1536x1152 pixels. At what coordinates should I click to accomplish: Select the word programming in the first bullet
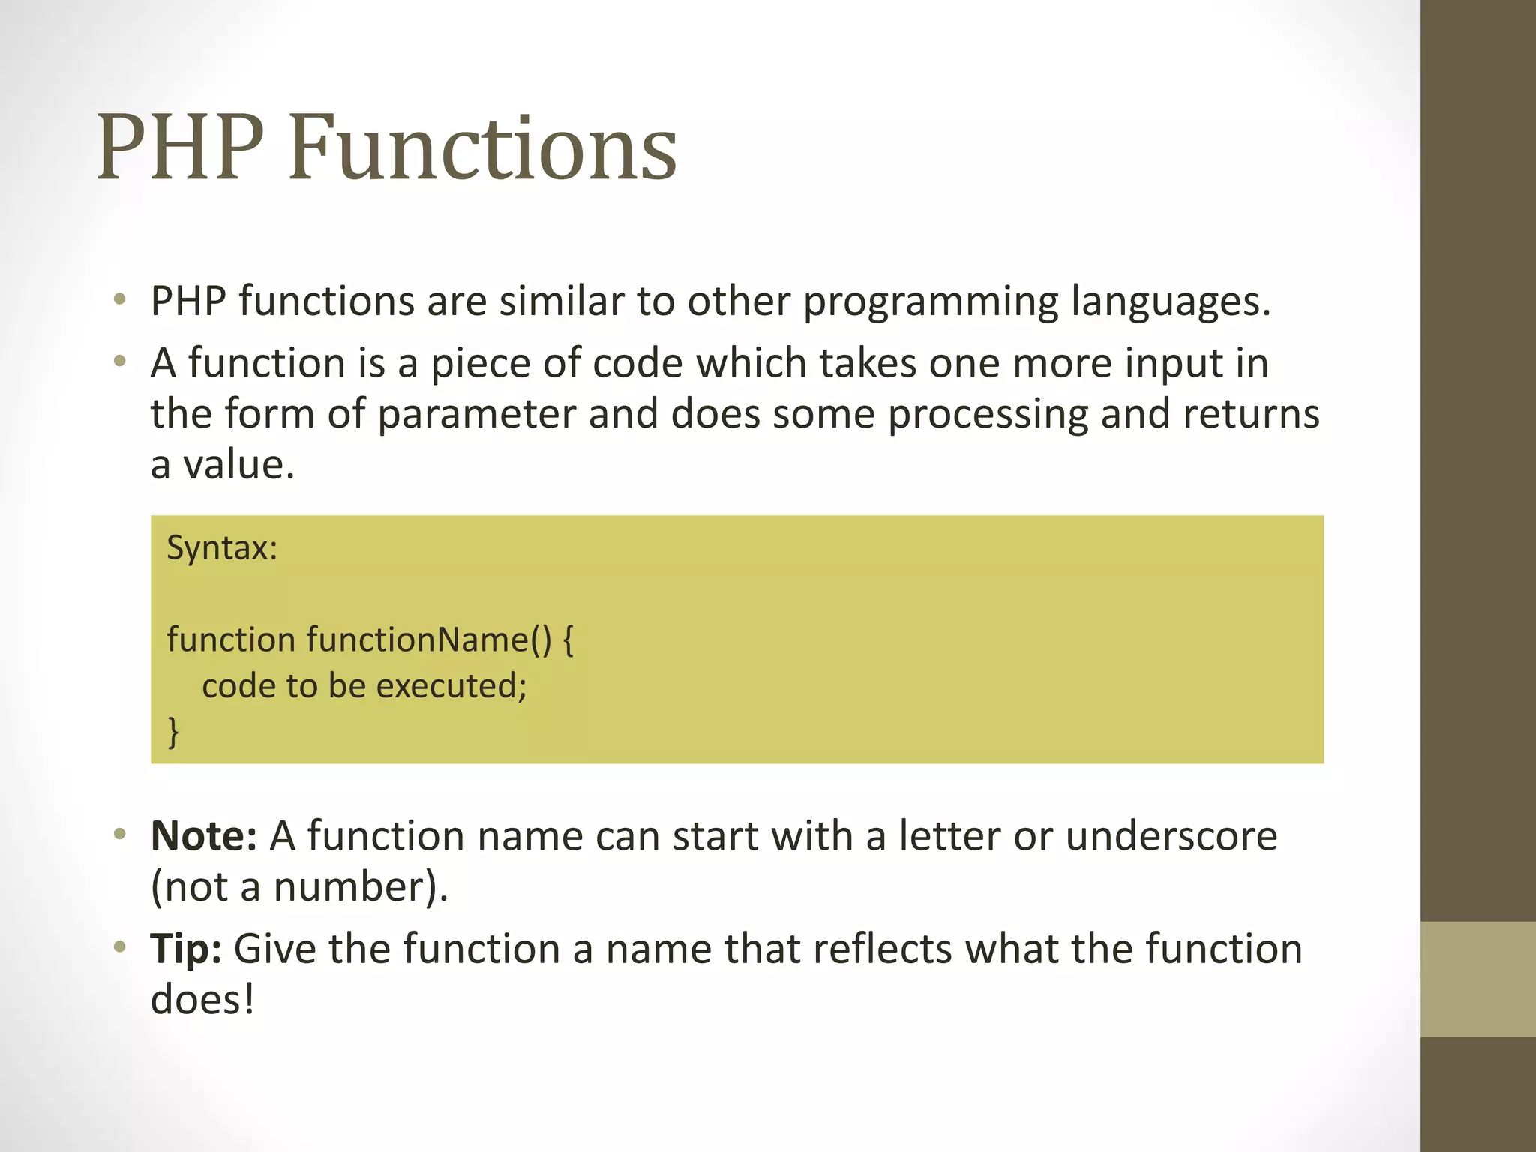pos(930,302)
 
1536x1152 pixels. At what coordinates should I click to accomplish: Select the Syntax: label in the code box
pos(222,547)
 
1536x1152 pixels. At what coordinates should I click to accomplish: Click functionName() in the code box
pos(428,640)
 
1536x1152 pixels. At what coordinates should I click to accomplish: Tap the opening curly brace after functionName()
pos(568,640)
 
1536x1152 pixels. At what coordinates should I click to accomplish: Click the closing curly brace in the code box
pos(173,731)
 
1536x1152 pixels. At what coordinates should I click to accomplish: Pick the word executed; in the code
pos(451,685)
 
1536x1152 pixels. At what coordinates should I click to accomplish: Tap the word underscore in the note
pos(1171,836)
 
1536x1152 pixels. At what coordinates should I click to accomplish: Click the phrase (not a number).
pos(298,887)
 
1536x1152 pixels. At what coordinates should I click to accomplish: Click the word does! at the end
pos(202,1000)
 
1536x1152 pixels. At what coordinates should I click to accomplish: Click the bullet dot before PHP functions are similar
pos(119,301)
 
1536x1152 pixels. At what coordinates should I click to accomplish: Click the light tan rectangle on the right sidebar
pos(1477,979)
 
